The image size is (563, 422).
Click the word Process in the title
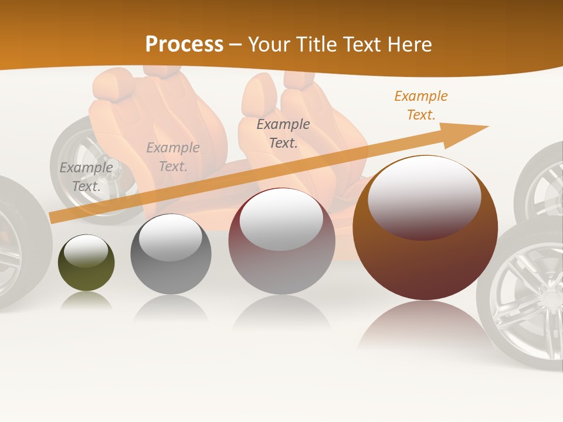click(x=184, y=45)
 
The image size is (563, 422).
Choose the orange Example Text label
click(x=421, y=105)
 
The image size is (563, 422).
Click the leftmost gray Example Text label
click(x=86, y=177)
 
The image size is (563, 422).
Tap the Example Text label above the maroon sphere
click(x=283, y=133)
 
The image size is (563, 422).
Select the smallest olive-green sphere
click(x=86, y=263)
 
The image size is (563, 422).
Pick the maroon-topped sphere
click(x=281, y=241)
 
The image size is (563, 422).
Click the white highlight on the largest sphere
click(x=425, y=196)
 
